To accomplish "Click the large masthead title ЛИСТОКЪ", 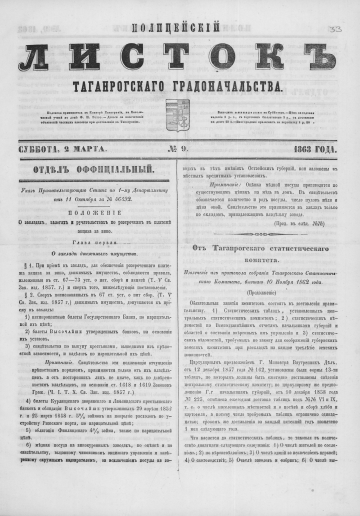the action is tap(180, 48).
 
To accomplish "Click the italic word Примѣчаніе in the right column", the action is tap(219, 184).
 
